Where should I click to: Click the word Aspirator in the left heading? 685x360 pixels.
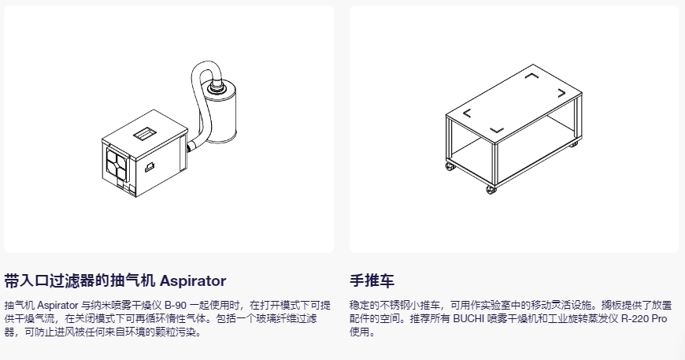click(193, 280)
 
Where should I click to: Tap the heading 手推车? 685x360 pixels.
click(372, 280)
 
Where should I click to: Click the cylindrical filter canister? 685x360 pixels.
click(220, 113)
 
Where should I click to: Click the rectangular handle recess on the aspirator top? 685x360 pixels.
click(145, 133)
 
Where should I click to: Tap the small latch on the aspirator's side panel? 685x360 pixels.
click(150, 166)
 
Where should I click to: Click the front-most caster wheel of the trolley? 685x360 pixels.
click(491, 190)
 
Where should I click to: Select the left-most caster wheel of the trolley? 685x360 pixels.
click(450, 166)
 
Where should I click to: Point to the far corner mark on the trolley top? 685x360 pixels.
click(531, 76)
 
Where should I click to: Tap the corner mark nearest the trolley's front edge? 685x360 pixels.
click(497, 130)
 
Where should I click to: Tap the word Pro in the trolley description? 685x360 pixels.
click(659, 318)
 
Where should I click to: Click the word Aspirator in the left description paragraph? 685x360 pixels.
click(57, 305)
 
